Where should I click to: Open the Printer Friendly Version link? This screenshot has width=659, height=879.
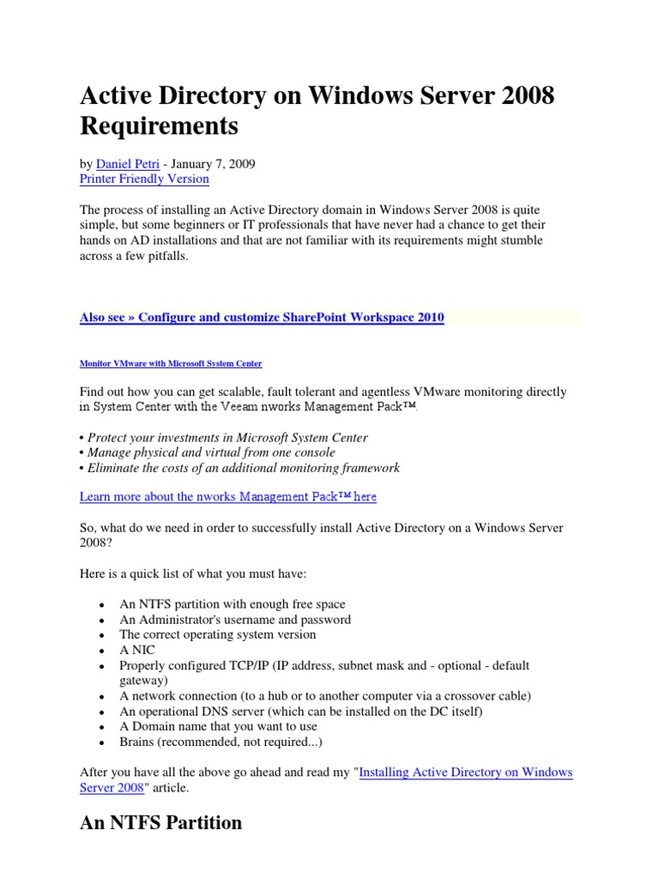click(144, 179)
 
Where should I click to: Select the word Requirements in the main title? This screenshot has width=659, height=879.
click(159, 127)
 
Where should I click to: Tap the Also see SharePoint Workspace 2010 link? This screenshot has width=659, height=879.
click(262, 318)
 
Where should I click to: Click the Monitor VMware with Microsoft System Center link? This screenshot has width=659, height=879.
click(171, 364)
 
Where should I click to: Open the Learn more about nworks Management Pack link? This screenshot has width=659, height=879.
click(227, 497)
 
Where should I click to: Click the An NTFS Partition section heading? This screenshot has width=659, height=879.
click(160, 823)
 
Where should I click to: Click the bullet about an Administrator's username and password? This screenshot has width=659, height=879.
click(235, 620)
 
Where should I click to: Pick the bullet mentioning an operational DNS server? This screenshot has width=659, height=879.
click(289, 711)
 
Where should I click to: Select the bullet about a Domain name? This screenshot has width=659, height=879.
click(217, 726)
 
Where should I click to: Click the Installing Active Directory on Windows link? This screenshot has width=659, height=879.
click(465, 773)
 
